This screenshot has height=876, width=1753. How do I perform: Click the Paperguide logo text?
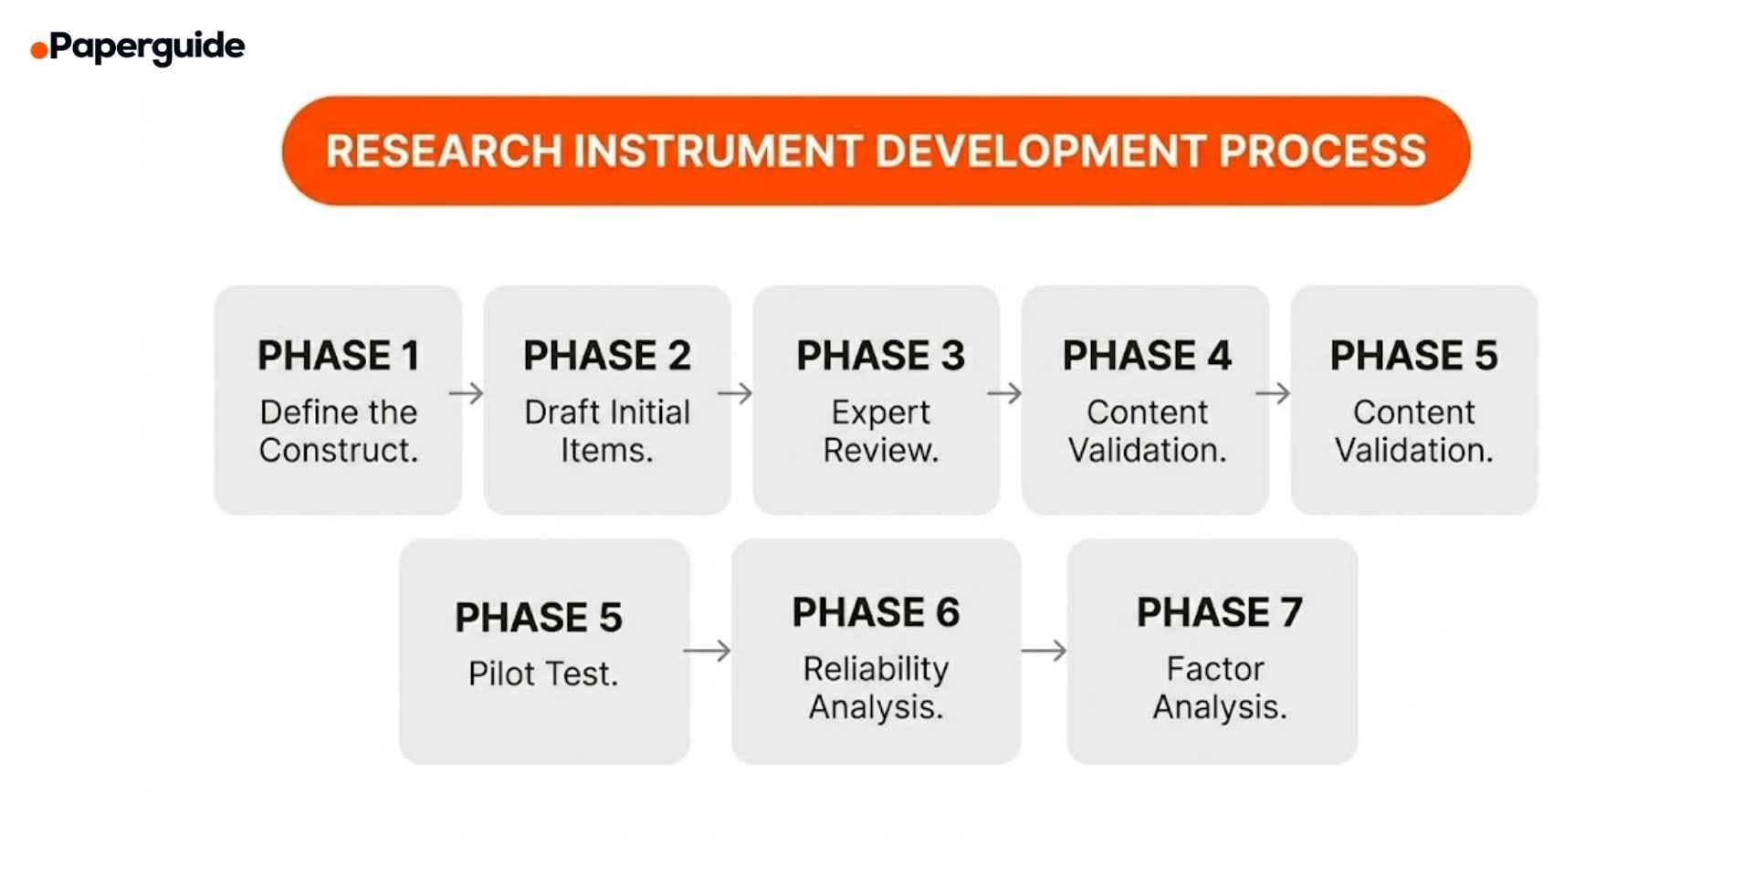tap(146, 47)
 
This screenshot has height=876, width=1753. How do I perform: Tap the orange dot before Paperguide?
tap(38, 50)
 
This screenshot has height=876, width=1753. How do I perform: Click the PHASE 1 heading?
tap(338, 355)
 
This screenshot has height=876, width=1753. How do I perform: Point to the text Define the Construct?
tap(338, 431)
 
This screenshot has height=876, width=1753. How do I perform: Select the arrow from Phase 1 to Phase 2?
tap(467, 393)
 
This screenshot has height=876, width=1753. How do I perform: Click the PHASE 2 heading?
tap(606, 355)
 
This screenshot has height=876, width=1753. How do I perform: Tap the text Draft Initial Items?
tap(606, 431)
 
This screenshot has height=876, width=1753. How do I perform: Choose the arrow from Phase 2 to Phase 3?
tap(735, 393)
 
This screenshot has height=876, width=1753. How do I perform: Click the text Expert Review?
tap(880, 431)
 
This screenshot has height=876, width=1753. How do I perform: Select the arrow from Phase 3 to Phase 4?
tap(1004, 393)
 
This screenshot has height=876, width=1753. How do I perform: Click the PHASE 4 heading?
tap(1147, 355)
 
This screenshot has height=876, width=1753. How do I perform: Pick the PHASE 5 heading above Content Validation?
tap(1413, 355)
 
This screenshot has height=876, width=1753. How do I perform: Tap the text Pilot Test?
tap(543, 673)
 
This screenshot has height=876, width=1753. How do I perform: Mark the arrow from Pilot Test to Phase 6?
tap(707, 651)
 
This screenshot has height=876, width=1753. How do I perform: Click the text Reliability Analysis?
tap(876, 687)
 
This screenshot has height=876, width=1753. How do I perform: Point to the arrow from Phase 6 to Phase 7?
tap(1044, 651)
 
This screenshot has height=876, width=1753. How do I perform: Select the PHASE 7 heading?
tap(1219, 611)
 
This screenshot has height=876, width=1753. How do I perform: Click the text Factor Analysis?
tap(1219, 687)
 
